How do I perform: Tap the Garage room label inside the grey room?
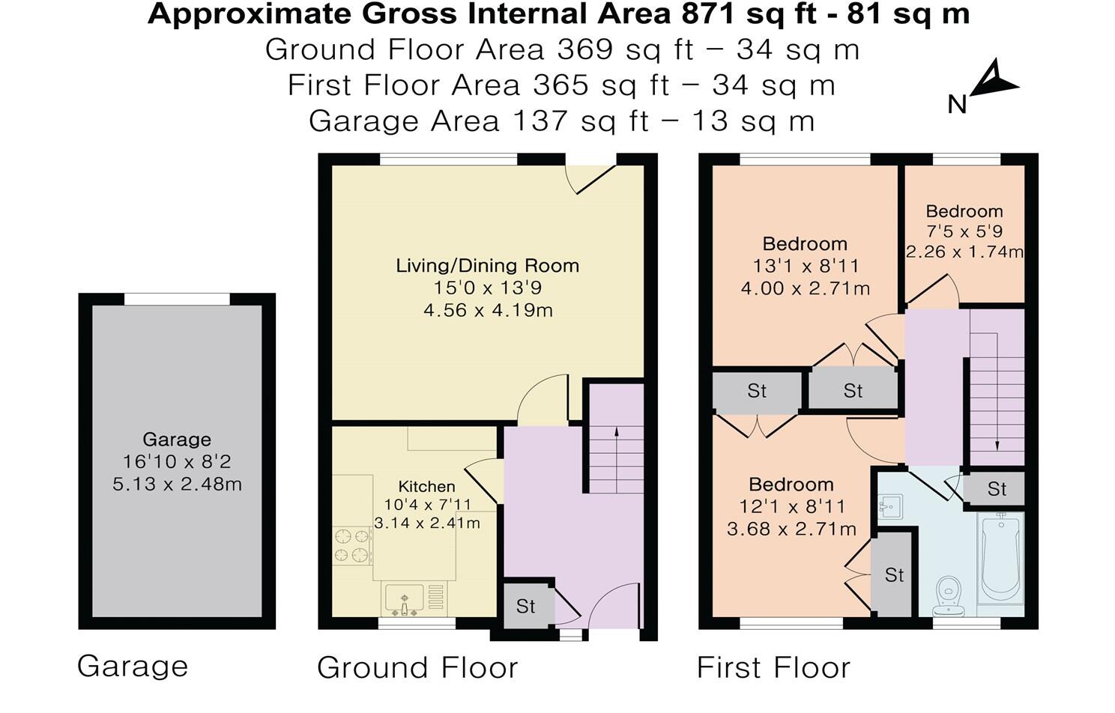click(177, 440)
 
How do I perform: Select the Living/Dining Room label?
click(487, 266)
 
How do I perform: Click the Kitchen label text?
click(426, 486)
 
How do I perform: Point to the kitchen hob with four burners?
click(352, 545)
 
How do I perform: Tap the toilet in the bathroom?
click(949, 596)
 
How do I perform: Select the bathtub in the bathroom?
click(1000, 559)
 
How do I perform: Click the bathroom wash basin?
click(890, 507)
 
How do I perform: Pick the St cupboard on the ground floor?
click(525, 607)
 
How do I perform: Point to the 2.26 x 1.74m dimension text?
click(964, 252)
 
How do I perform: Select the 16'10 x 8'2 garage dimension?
click(177, 462)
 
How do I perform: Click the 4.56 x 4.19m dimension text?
click(488, 311)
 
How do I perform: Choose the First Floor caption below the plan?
click(773, 667)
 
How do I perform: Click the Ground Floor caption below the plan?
click(417, 667)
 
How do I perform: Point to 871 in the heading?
click(708, 14)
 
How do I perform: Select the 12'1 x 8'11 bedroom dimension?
click(792, 507)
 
